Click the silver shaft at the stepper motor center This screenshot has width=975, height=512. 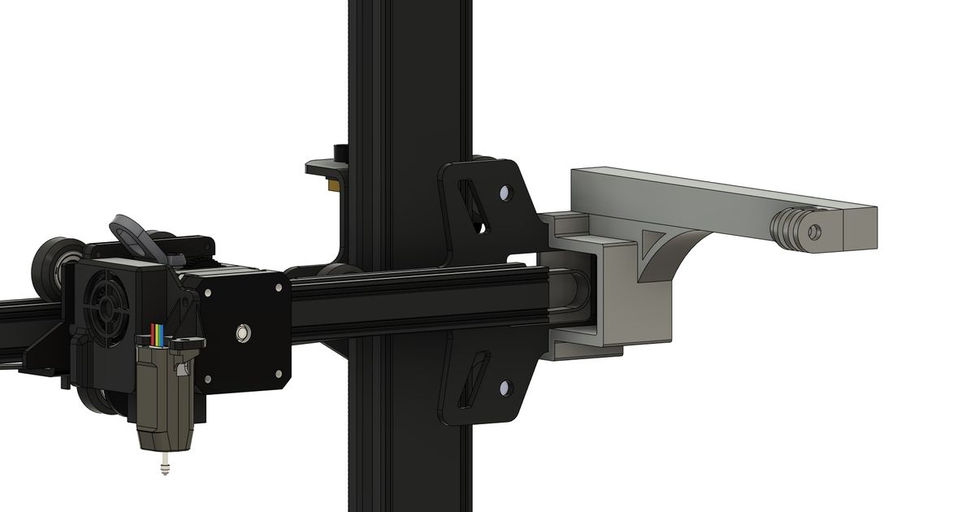click(x=241, y=332)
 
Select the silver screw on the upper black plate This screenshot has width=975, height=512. click(x=506, y=194)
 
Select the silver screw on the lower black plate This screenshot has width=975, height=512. click(x=506, y=388)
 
